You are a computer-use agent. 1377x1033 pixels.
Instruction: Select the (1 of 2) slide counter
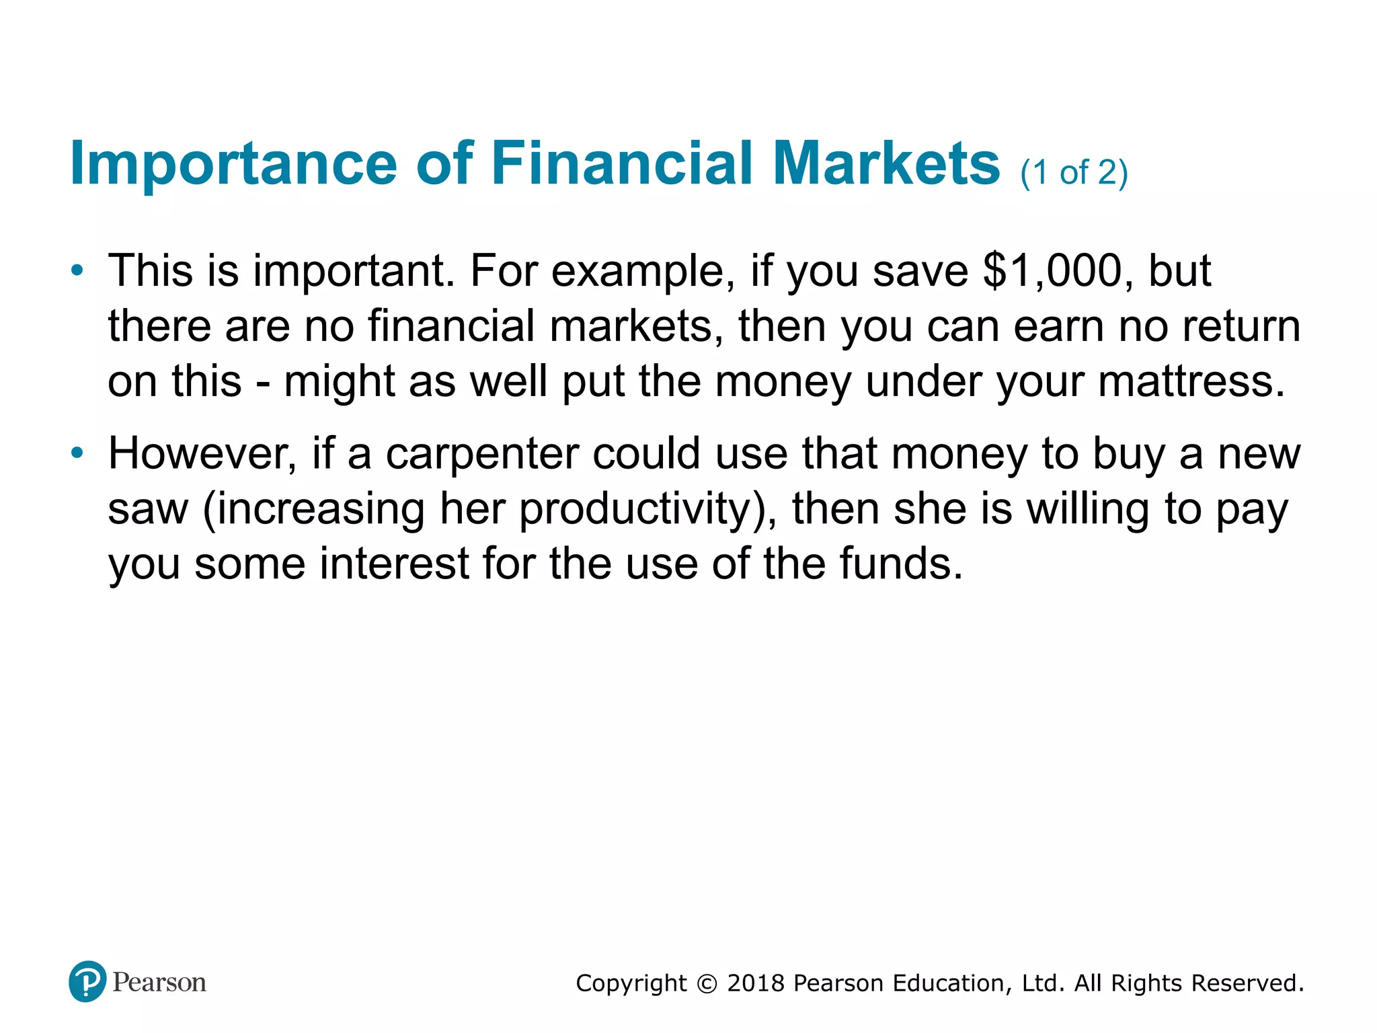click(1074, 173)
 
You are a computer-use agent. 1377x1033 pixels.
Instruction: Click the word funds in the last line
click(900, 564)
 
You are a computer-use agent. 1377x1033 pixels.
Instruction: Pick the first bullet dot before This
click(78, 271)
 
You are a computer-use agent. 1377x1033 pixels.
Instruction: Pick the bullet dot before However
click(78, 453)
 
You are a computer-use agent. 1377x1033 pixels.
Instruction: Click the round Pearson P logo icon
click(87, 981)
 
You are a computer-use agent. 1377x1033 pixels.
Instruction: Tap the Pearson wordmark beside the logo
click(159, 983)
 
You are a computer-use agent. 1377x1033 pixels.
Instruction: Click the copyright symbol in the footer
click(707, 984)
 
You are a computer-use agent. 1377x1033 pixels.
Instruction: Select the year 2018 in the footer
click(756, 983)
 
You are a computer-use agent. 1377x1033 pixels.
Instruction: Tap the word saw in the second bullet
click(148, 509)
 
